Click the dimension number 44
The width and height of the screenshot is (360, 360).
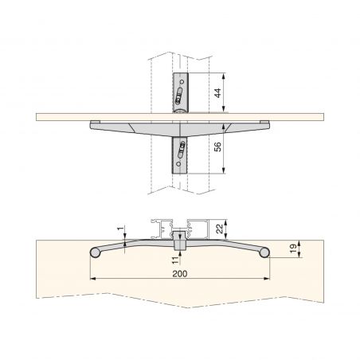[x=217, y=93]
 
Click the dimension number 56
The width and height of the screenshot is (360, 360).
[x=217, y=147]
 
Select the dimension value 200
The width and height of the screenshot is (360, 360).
[x=180, y=274]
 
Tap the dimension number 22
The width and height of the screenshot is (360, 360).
[x=219, y=229]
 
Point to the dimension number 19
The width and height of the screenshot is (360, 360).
[x=294, y=248]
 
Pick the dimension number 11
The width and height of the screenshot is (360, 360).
[x=175, y=260]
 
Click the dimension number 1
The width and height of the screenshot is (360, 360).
[x=120, y=229]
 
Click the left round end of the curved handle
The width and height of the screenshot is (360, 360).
[x=95, y=252]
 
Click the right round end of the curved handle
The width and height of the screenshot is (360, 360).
[x=264, y=252]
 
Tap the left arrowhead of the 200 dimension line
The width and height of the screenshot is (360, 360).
[x=93, y=279]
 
